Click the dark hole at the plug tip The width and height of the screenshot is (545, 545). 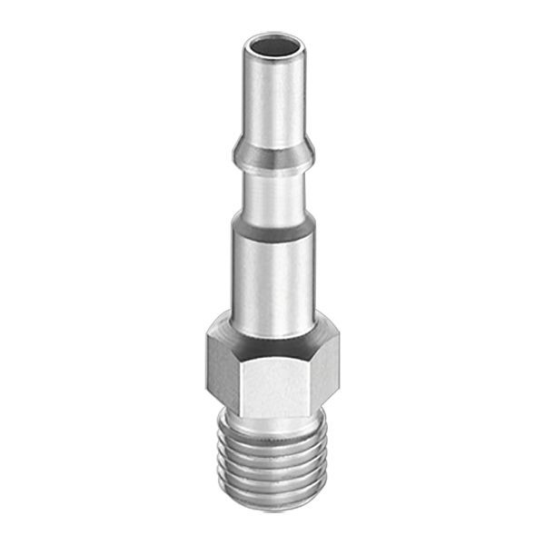(275, 44)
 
